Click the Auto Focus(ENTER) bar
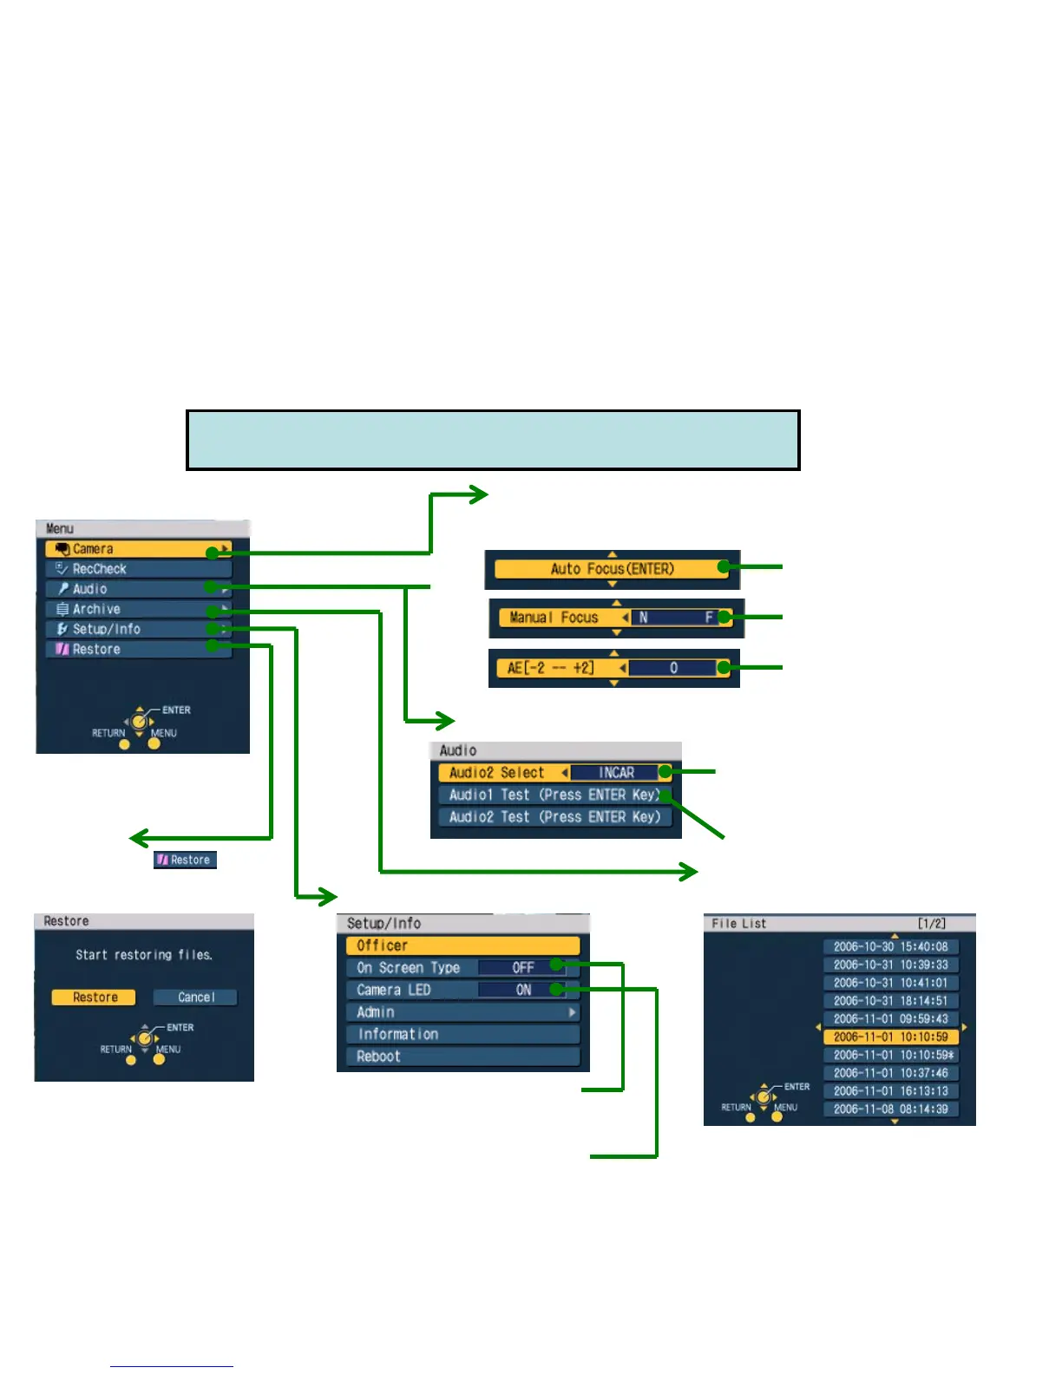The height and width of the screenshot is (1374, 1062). pyautogui.click(x=612, y=569)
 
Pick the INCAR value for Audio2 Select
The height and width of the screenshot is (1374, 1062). pyautogui.click(x=616, y=773)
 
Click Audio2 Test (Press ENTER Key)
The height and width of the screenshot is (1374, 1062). pyautogui.click(x=554, y=817)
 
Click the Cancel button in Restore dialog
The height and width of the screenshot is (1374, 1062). pyautogui.click(x=195, y=998)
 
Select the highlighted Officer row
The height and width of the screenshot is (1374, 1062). pyautogui.click(x=462, y=945)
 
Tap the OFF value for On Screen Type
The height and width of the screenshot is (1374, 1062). pyautogui.click(x=522, y=968)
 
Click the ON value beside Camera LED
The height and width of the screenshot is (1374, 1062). pyautogui.click(x=523, y=990)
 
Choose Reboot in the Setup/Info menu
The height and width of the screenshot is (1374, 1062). pyautogui.click(x=462, y=1057)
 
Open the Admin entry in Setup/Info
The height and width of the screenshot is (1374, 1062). pyautogui.click(x=462, y=1012)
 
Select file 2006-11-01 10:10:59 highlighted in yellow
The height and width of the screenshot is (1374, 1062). pyautogui.click(x=890, y=1037)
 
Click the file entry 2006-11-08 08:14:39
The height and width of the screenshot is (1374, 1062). pyautogui.click(x=890, y=1109)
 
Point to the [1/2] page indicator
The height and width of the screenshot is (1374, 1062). pyautogui.click(x=932, y=924)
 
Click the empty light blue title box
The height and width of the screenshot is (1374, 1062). pyautogui.click(x=493, y=440)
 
